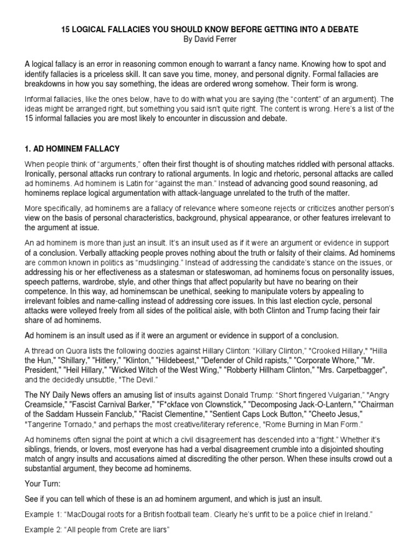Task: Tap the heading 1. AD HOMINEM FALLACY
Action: pos(73,149)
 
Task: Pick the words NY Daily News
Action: pos(66,395)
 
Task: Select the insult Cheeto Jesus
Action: pos(331,414)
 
